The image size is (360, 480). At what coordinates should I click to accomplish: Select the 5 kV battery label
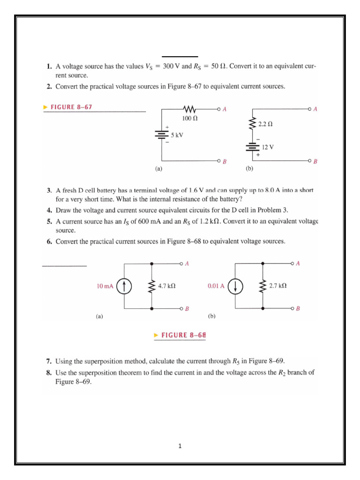[x=177, y=135]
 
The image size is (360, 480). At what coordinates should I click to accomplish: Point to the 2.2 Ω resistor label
[x=265, y=124]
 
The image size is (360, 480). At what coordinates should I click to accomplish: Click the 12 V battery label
[x=268, y=147]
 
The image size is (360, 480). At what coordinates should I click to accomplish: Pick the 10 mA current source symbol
[x=124, y=286]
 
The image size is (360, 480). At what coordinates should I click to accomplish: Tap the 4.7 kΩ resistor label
[x=167, y=285]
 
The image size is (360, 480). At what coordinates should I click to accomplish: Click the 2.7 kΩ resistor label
[x=278, y=285]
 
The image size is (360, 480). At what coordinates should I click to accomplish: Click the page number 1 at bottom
[x=180, y=446]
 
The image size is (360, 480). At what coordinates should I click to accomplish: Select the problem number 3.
[x=49, y=191]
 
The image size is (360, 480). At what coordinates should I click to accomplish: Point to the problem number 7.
[x=49, y=361]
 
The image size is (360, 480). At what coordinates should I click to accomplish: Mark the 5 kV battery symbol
[x=162, y=135]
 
